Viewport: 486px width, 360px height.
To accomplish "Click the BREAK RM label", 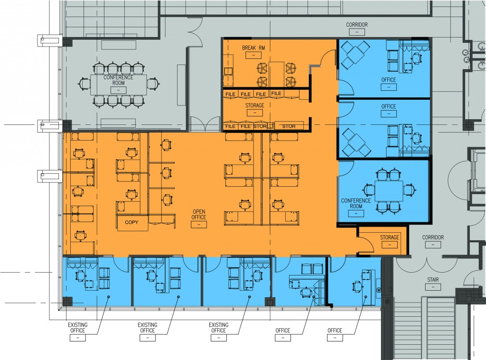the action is click(x=253, y=48).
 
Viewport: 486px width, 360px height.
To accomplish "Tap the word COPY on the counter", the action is click(x=132, y=222).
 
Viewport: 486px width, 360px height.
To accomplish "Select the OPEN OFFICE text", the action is click(x=199, y=215).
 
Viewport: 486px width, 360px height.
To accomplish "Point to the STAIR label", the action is click(x=433, y=280).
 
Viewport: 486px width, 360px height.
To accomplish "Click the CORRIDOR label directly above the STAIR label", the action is click(x=433, y=237).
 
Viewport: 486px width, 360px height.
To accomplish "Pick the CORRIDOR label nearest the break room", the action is click(x=357, y=25).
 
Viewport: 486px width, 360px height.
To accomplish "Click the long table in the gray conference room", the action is click(x=118, y=85).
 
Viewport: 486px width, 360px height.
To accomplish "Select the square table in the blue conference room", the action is click(x=389, y=191).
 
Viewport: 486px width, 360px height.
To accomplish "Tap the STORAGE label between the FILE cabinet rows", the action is click(x=255, y=105).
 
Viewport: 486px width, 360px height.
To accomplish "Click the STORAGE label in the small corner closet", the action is click(x=390, y=237).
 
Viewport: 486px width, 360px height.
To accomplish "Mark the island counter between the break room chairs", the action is click(x=277, y=74).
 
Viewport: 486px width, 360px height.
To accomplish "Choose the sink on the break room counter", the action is click(x=228, y=71).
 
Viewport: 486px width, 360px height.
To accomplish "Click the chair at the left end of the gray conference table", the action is click(x=84, y=84).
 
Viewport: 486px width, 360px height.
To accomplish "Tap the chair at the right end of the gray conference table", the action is click(x=153, y=84).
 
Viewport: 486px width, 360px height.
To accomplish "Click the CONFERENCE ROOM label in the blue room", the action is click(x=356, y=203).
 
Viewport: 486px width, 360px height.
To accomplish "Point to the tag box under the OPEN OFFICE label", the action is click(x=199, y=225).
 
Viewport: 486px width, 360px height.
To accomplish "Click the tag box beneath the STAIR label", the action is click(x=433, y=287).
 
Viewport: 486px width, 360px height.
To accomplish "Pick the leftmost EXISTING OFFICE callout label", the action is click(x=77, y=327).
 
